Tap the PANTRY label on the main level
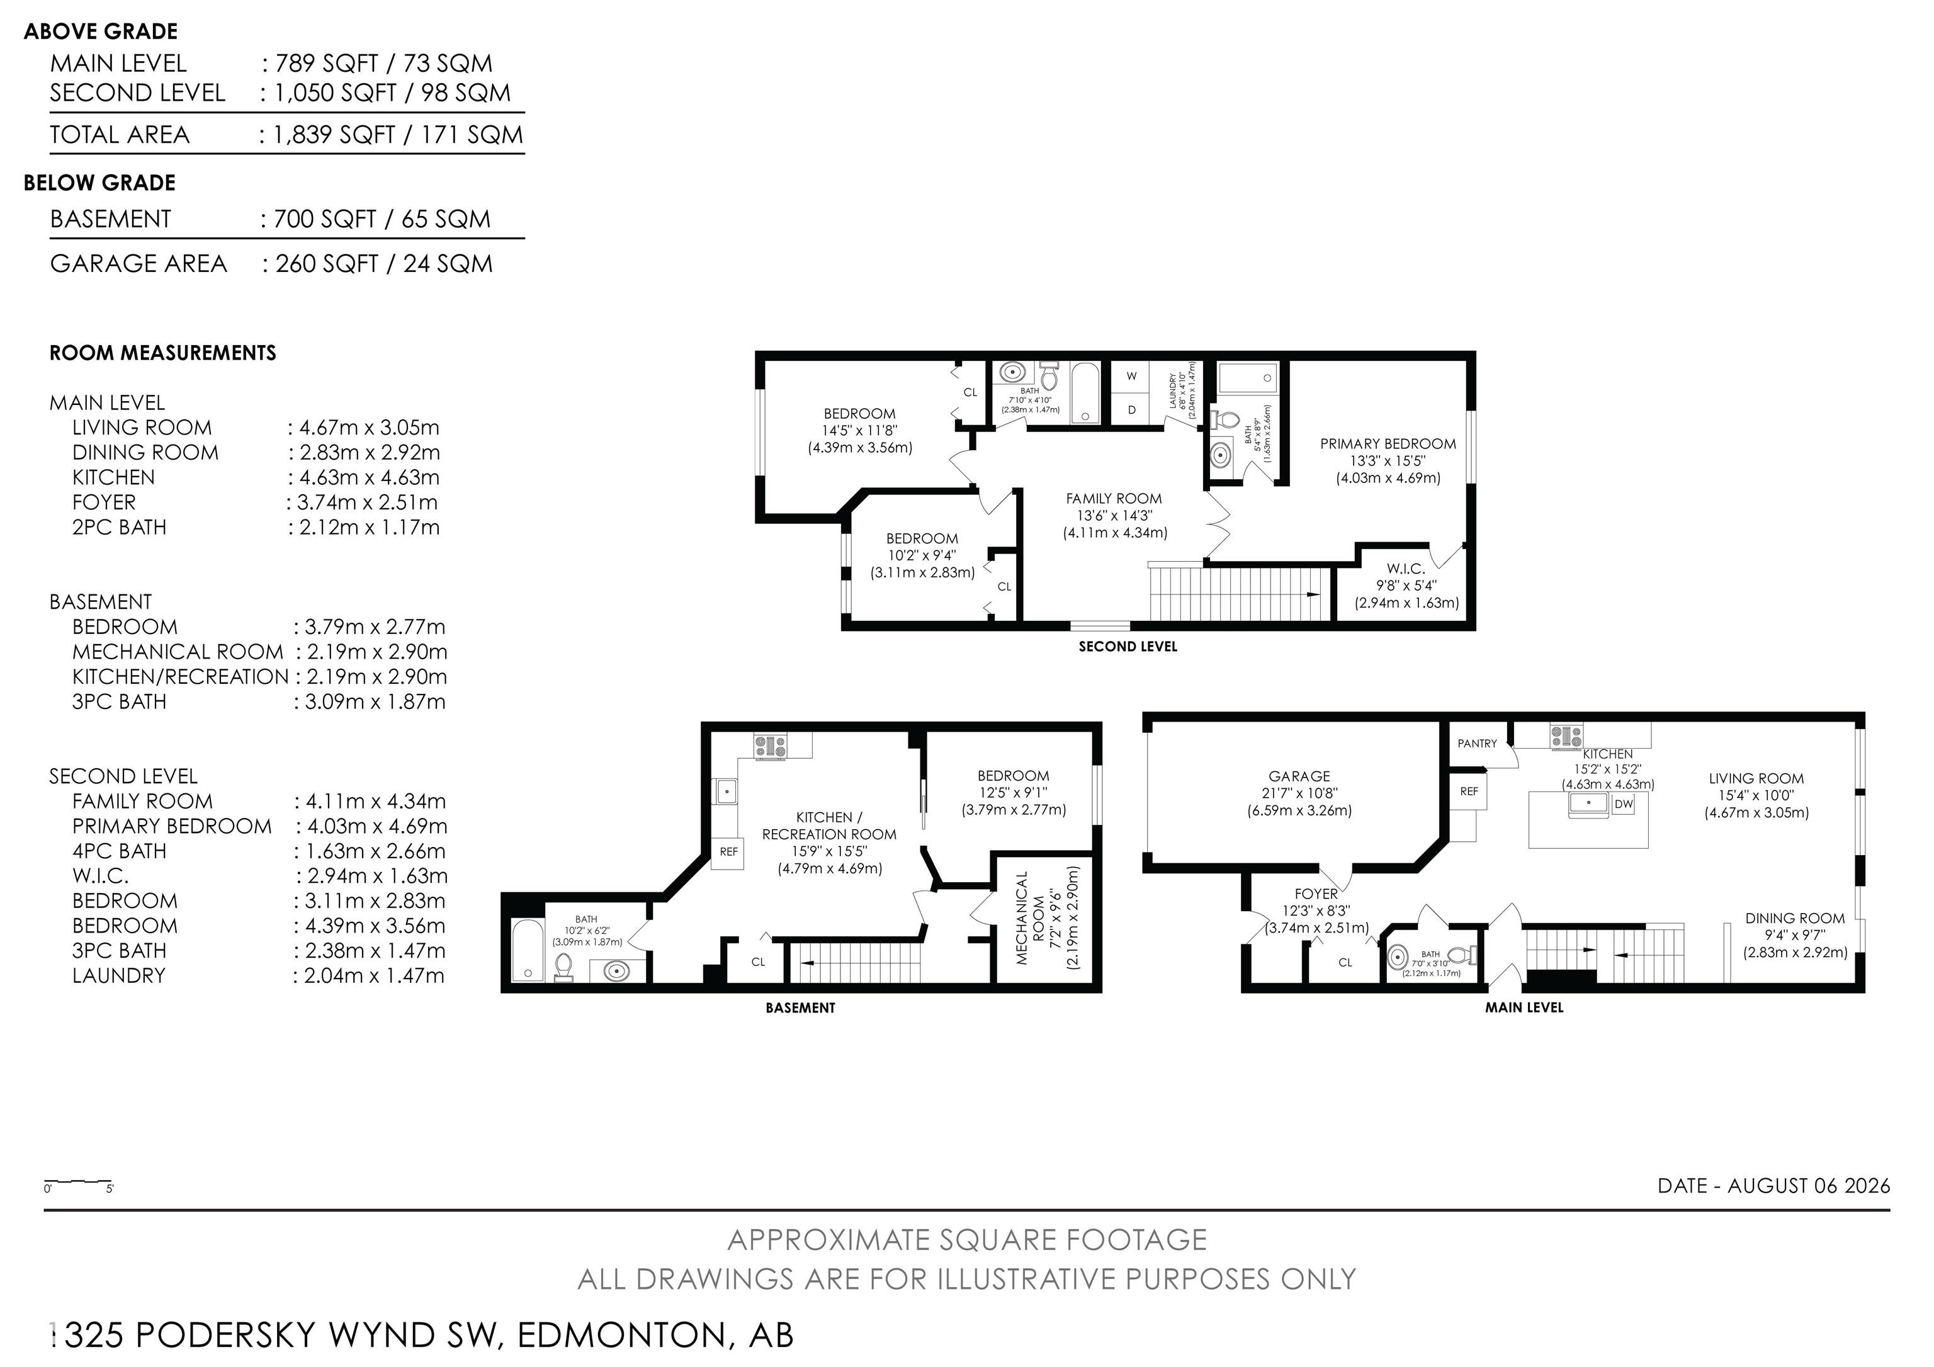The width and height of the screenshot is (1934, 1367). pos(1478,744)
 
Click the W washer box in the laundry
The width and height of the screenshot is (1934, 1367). pos(1131,376)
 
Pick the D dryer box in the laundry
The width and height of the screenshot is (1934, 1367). pos(1131,409)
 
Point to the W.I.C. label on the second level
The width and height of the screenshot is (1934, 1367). pos(1406,569)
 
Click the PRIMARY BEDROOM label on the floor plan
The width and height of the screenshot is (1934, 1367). pos(1388,444)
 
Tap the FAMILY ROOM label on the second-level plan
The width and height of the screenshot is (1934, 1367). pos(1114,499)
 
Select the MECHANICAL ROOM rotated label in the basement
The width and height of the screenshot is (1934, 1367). pos(1030,918)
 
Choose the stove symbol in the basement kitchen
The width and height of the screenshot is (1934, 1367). pos(771,746)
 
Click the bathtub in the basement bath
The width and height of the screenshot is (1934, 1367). pos(528,950)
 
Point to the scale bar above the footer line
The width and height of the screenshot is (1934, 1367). pos(77,1182)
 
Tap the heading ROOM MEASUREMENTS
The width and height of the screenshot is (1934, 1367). pos(162,353)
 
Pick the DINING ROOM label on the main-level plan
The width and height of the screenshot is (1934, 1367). pos(1795,918)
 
